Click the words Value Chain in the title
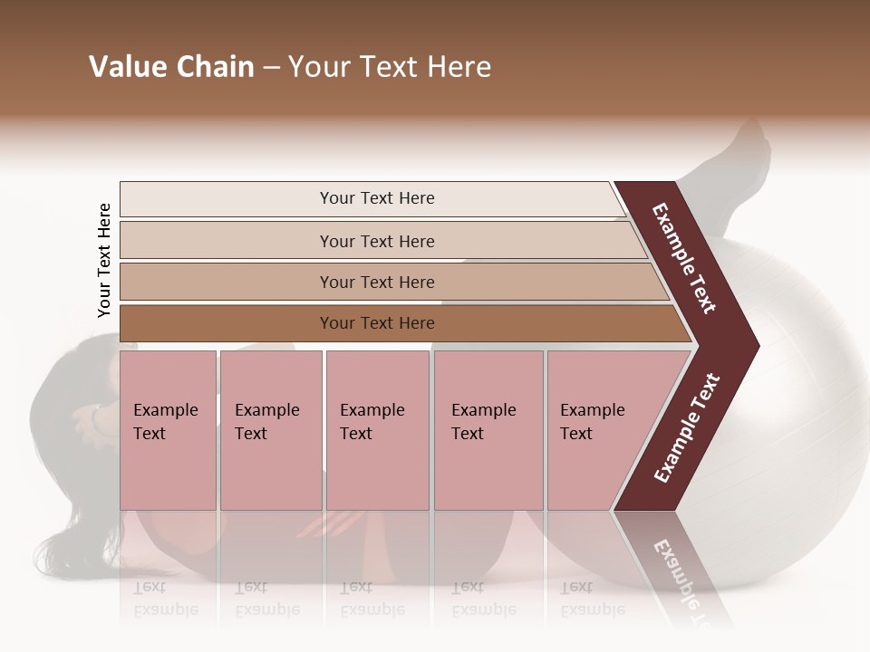click(x=171, y=67)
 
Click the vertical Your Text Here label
click(x=104, y=260)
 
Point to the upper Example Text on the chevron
click(x=684, y=258)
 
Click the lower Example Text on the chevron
click(x=687, y=427)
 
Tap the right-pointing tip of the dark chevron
click(x=752, y=345)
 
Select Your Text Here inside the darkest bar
click(x=377, y=323)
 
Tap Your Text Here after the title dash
click(x=390, y=67)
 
